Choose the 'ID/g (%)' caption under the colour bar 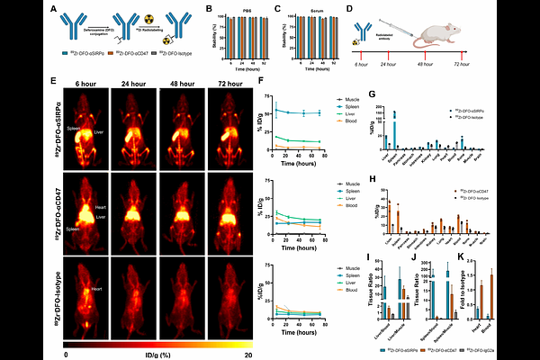(x=153, y=355)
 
